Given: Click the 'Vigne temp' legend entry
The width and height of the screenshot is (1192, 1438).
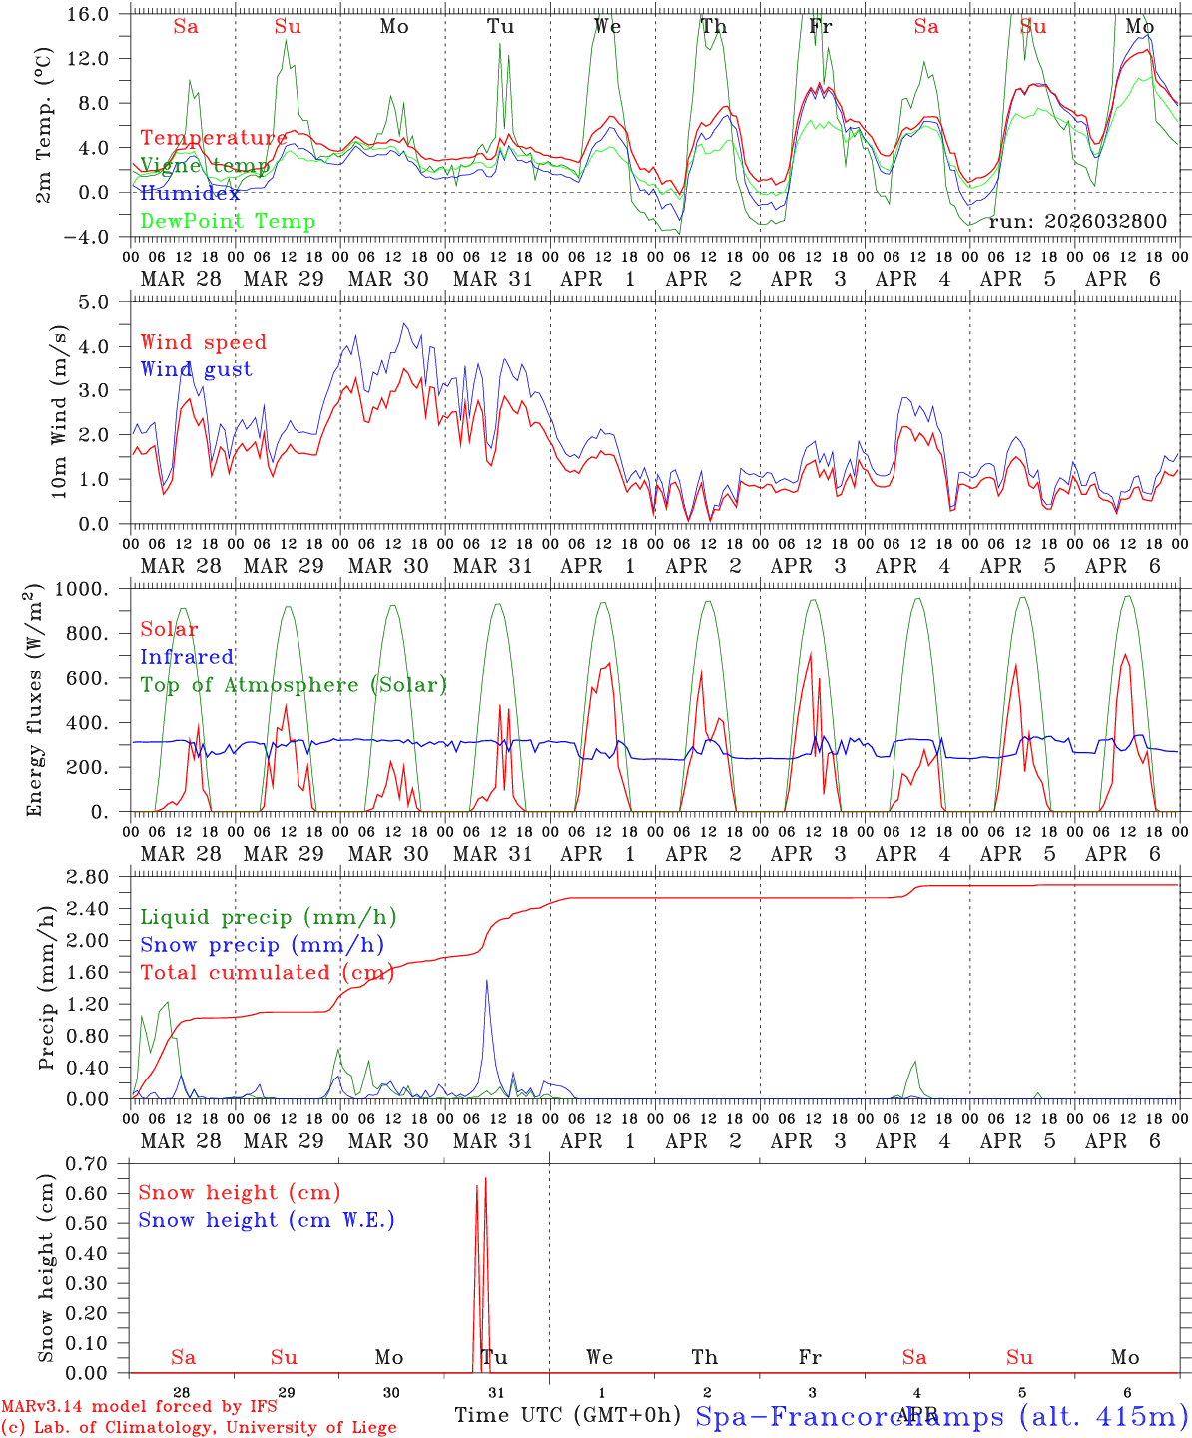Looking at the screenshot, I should point(204,166).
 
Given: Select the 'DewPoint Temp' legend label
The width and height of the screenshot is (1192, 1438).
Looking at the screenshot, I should point(228,222).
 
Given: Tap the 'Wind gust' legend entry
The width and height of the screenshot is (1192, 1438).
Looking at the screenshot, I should point(196,369).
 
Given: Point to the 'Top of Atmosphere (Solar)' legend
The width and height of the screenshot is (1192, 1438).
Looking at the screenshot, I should point(294,685).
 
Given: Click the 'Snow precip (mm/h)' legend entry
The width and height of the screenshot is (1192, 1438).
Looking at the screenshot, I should point(262,945).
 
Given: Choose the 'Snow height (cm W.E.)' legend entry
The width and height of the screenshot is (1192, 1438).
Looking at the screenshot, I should point(266,1220).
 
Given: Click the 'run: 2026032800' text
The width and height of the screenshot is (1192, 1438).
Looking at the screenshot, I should point(1077,222).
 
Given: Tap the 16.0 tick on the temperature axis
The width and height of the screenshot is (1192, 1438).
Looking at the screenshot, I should point(101,14).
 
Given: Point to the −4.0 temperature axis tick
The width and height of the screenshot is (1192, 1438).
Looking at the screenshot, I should point(98,237).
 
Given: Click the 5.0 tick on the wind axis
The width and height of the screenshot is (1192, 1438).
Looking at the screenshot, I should point(107,301).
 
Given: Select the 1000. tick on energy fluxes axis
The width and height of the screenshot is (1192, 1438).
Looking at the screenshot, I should point(97,589).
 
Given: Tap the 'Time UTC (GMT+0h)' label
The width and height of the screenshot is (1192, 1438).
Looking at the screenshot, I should point(567,1415).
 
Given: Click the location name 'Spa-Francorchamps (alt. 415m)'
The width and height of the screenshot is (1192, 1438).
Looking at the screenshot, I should point(940,1416).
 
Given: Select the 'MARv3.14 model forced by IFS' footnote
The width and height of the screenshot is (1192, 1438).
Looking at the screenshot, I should point(139,1407).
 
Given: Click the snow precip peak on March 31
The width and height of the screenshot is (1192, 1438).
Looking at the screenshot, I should point(487,982).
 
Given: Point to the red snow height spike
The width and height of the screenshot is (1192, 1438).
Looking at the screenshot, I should point(485,1183).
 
